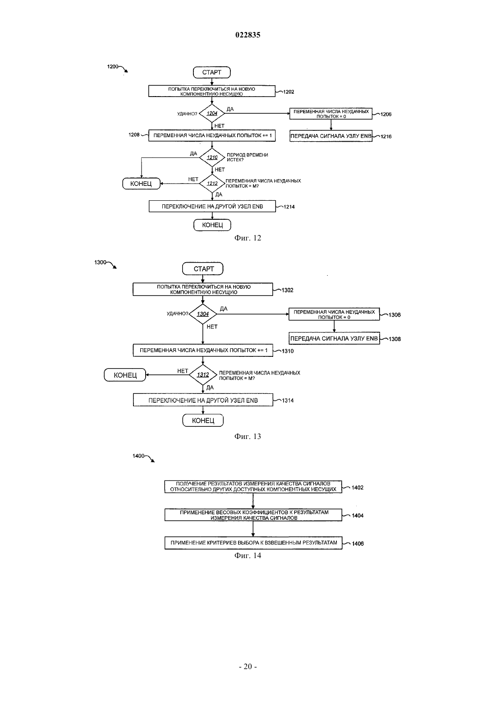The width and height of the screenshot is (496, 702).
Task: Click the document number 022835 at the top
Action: coord(248,35)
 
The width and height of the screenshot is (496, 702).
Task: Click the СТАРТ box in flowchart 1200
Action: coord(211,72)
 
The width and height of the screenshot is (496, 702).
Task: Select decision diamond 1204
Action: coord(212,113)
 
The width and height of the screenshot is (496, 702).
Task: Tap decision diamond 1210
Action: coord(212,157)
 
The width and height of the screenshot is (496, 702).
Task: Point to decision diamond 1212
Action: coord(212,183)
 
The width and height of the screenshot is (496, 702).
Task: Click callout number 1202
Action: coord(289,92)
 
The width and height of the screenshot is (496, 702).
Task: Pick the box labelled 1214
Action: coord(212,207)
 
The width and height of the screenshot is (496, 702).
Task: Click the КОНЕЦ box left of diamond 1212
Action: coord(141,184)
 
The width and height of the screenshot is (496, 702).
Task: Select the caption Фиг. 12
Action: coord(248,238)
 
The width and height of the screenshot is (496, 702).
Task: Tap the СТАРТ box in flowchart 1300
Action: coord(203,269)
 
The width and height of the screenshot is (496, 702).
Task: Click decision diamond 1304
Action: coord(203,314)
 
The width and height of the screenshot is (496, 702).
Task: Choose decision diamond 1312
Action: coord(203,375)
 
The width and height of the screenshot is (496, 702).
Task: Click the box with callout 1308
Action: coord(334,338)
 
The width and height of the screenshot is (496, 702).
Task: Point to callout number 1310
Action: coord(288,351)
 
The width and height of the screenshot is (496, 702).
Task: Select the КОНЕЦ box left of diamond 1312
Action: coord(125,375)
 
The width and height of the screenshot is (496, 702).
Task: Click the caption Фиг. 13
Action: coord(248,436)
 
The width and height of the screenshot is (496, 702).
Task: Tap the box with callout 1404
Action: coord(253,515)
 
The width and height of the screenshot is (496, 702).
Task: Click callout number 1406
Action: coord(358,544)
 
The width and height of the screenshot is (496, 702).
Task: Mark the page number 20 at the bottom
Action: coord(248,666)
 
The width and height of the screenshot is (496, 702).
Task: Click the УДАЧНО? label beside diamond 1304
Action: coord(178,314)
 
